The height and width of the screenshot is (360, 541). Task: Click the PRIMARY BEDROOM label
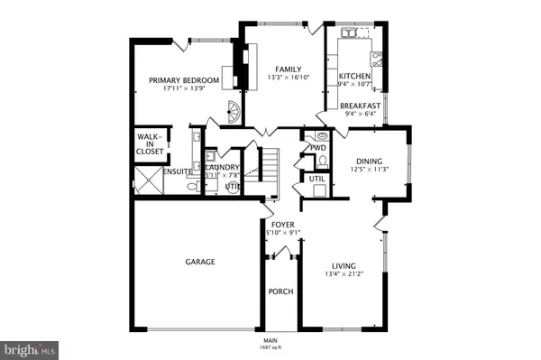tap(185, 80)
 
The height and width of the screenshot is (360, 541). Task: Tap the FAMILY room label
tap(289, 69)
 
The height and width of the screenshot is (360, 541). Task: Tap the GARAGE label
tap(199, 262)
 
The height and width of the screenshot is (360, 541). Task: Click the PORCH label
tap(280, 292)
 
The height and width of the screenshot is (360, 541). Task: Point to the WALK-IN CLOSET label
tap(150, 144)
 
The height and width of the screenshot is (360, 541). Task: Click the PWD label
tap(317, 147)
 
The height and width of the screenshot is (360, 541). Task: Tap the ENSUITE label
tap(151, 171)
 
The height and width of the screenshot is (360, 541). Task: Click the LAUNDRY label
tap(221, 168)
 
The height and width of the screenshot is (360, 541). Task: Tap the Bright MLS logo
tap(29, 346)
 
